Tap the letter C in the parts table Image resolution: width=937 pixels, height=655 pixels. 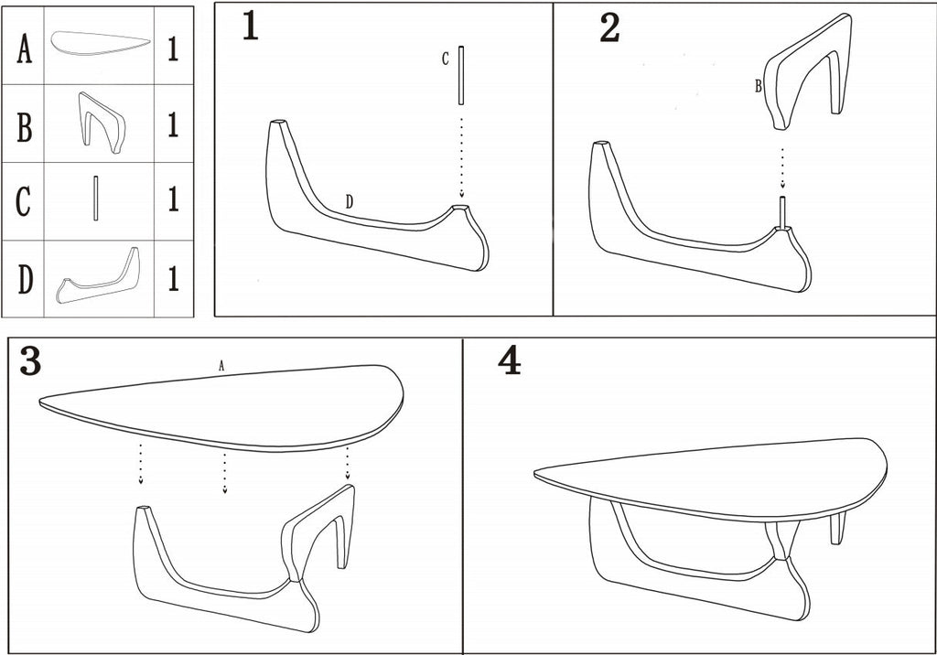click(x=26, y=201)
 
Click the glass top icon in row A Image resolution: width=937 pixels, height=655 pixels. click(x=100, y=43)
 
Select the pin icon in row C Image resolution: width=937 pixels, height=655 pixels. click(x=94, y=198)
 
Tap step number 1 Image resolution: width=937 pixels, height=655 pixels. click(x=250, y=27)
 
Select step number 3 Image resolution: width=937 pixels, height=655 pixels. click(x=30, y=363)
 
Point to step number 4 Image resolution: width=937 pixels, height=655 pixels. click(x=509, y=361)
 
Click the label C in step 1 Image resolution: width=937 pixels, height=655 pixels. click(x=446, y=59)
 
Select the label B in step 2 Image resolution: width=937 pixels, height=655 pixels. click(x=758, y=87)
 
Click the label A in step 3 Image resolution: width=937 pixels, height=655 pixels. click(x=221, y=365)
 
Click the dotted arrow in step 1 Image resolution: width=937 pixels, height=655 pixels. click(x=461, y=156)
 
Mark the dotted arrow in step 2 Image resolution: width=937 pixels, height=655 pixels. click(x=782, y=167)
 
